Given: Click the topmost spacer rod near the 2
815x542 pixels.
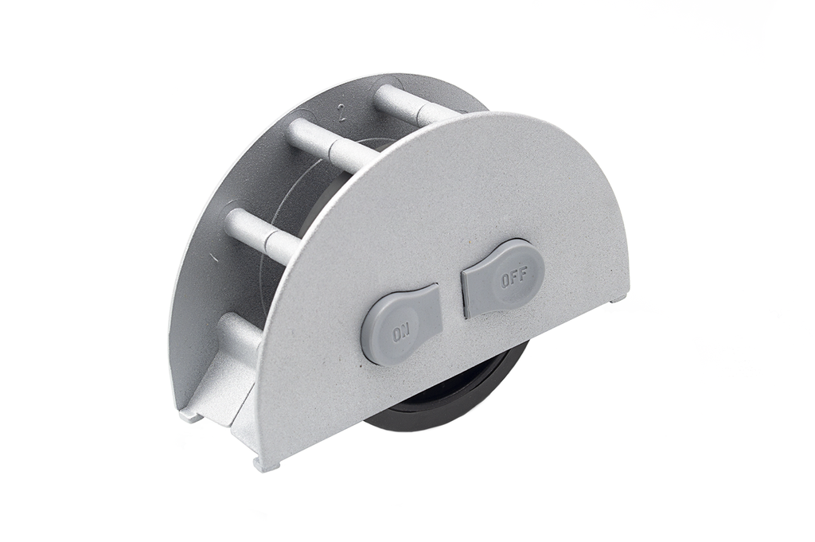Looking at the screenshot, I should pos(406,104).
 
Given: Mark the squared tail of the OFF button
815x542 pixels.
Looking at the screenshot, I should pos(476,290).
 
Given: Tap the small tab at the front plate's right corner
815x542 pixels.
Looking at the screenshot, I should pos(619,299).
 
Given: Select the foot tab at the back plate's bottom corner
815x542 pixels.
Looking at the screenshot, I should pos(189,414).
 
